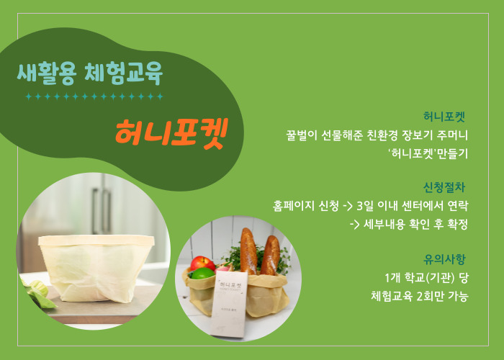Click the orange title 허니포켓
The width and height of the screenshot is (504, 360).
coord(171,133)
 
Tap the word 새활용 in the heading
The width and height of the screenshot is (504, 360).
coord(47,73)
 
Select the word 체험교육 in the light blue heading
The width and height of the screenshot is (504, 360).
coord(123,73)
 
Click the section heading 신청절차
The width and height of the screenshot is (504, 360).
coord(444,187)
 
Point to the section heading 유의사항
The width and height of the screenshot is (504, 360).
coord(444,259)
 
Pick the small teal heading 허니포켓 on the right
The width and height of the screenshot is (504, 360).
coord(444,117)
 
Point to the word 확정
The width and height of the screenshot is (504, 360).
coord(457,224)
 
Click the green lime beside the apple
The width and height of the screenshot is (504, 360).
coord(202,274)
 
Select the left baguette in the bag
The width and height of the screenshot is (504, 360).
coord(248,251)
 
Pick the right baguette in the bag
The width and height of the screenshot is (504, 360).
coord(270,256)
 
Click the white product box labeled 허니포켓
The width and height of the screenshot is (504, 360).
coord(229,305)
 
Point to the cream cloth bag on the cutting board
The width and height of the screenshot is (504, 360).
coord(96,268)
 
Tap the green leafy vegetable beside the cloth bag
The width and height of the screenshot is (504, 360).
coord(39,293)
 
